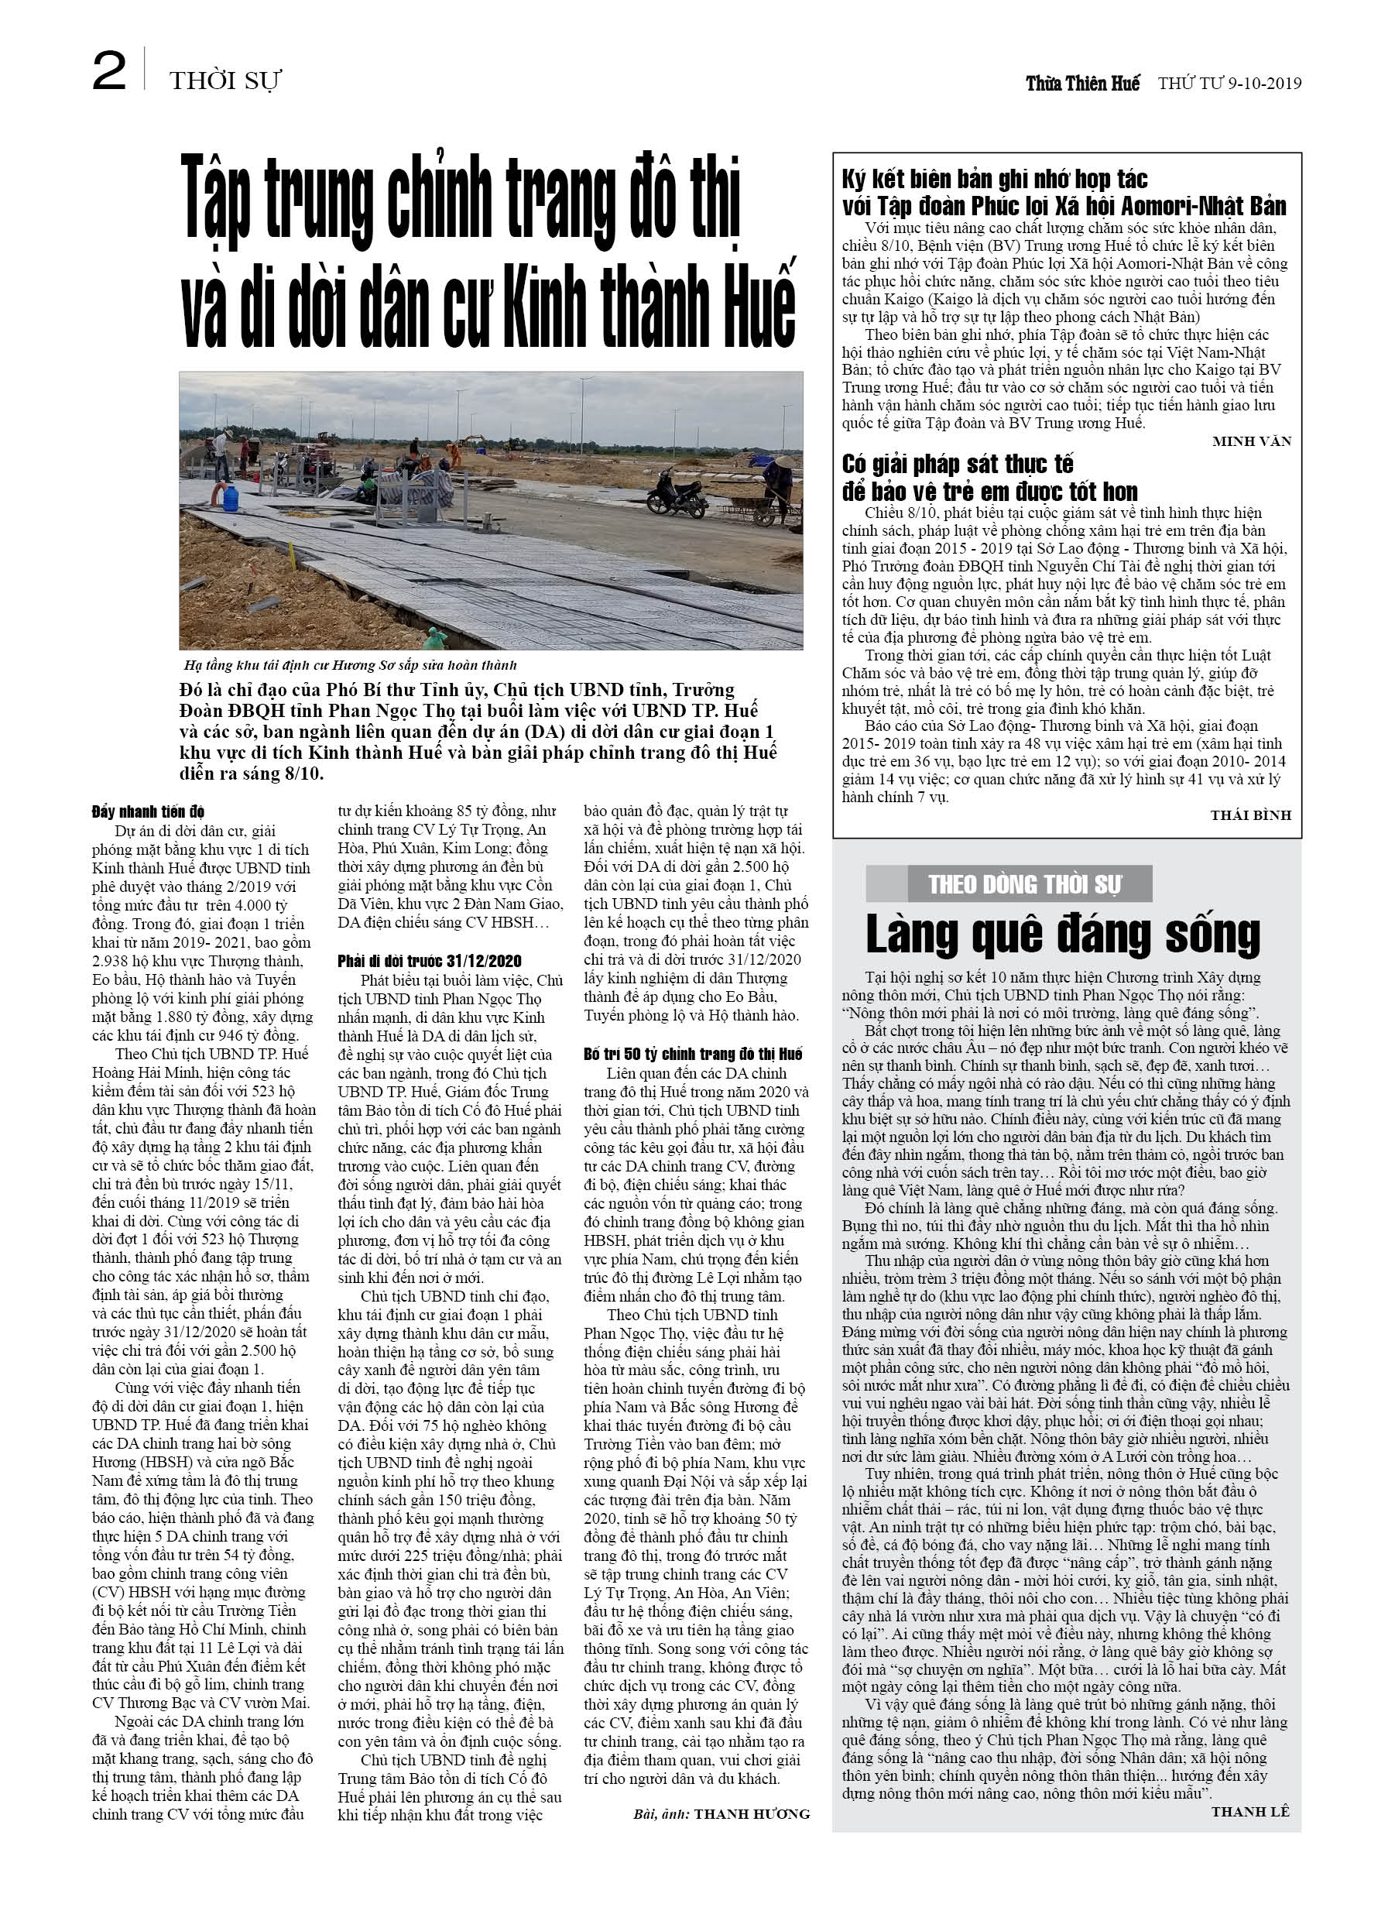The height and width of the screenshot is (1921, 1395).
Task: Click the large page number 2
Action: click(x=108, y=72)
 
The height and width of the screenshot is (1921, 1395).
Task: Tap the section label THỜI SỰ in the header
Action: click(x=225, y=81)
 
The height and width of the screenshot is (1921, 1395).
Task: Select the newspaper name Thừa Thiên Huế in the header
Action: click(x=1081, y=83)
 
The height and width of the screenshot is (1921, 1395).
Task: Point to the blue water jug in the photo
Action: click(x=228, y=496)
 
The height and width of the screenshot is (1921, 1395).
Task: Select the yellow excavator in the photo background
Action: click(x=471, y=440)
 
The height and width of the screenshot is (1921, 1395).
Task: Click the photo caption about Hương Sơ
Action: click(x=350, y=665)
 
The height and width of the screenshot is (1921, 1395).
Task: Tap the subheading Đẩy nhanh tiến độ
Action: click(x=148, y=811)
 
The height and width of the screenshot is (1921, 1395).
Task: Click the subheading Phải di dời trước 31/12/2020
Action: click(x=430, y=960)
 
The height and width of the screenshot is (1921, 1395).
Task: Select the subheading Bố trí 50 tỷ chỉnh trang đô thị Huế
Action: click(x=692, y=1054)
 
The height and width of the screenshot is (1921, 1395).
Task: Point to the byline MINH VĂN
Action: click(x=1251, y=441)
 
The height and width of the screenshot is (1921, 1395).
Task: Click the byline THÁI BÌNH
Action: click(x=1250, y=815)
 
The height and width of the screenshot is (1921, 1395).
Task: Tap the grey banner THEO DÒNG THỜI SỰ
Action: click(x=1024, y=885)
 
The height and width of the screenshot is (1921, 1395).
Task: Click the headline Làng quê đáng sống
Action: click(x=1062, y=935)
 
